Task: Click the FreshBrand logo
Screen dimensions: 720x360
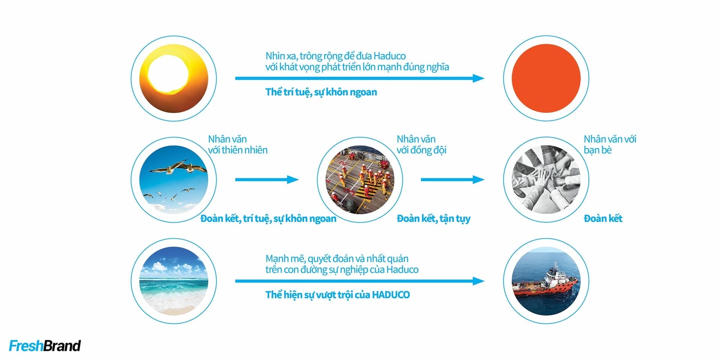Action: [x=45, y=346]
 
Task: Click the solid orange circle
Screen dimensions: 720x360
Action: [x=546, y=78]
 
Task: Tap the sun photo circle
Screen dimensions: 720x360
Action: [x=174, y=78]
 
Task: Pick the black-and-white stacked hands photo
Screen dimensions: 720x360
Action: [x=546, y=179]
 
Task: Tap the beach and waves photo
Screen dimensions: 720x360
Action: [x=174, y=281]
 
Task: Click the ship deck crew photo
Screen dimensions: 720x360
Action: [x=360, y=179]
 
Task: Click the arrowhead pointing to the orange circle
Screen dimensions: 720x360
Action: [x=478, y=78]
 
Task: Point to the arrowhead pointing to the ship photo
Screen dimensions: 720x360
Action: [x=478, y=281]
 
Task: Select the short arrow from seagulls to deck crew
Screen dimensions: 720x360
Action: [x=267, y=180]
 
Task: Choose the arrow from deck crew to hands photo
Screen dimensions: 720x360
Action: [x=453, y=180]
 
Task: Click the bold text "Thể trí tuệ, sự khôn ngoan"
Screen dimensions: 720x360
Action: [x=321, y=92]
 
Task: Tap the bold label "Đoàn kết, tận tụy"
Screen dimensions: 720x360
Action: [x=433, y=219]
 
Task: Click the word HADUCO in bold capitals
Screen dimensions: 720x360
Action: [x=391, y=295]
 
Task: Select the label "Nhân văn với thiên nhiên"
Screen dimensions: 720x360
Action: [x=238, y=145]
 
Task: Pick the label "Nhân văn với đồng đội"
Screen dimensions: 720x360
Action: [x=421, y=145]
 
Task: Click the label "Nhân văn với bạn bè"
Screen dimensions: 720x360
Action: [x=610, y=145]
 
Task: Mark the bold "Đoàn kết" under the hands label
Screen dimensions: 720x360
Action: [x=603, y=219]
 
